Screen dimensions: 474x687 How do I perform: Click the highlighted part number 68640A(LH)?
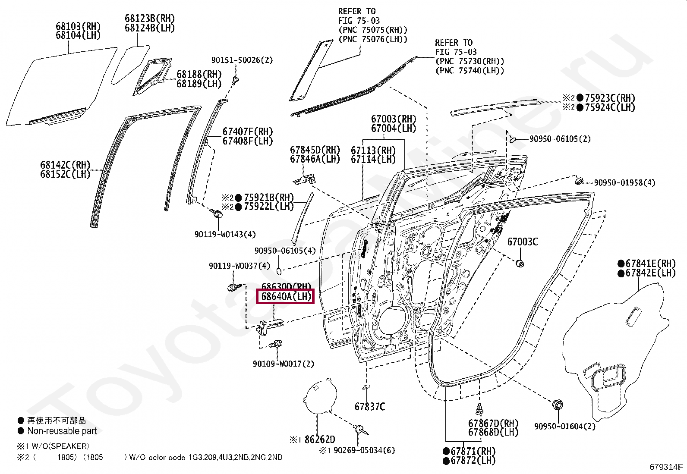coord(285,297)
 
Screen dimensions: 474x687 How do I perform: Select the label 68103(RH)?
coord(78,26)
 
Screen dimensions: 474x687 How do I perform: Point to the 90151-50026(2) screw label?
coord(242,60)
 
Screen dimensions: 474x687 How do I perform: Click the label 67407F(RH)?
coord(248,132)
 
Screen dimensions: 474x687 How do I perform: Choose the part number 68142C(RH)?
coord(65,165)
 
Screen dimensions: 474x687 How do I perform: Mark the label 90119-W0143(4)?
coord(225,235)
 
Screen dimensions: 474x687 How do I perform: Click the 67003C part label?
coord(522,242)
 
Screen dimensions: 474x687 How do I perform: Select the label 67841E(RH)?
coord(650,264)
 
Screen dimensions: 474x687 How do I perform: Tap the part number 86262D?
coord(319,439)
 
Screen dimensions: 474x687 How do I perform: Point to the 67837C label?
coord(370,407)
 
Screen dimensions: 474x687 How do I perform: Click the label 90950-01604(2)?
coord(564,427)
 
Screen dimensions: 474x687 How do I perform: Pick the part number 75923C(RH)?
coord(610,98)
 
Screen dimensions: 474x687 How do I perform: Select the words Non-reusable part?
coord(62,431)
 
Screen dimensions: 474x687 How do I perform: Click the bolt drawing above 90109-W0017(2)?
coord(275,345)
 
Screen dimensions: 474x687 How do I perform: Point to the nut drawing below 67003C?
coord(520,263)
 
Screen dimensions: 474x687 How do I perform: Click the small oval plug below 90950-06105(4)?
coord(279,271)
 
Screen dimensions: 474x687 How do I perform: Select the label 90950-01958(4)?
coord(624,183)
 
